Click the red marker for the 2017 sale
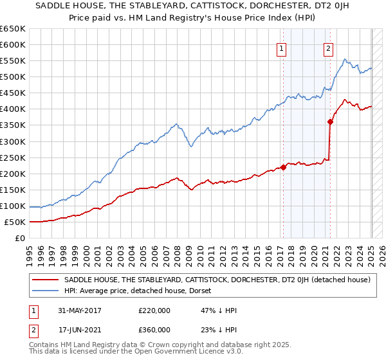tap(283, 167)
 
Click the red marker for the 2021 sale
tap(330, 122)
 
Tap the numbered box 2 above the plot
tap(329, 48)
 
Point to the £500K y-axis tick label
tap(13, 77)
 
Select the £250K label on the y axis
tap(13, 157)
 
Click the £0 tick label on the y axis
tap(20, 239)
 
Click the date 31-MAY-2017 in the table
tap(81, 310)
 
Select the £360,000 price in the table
tap(154, 330)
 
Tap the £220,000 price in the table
tap(154, 310)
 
